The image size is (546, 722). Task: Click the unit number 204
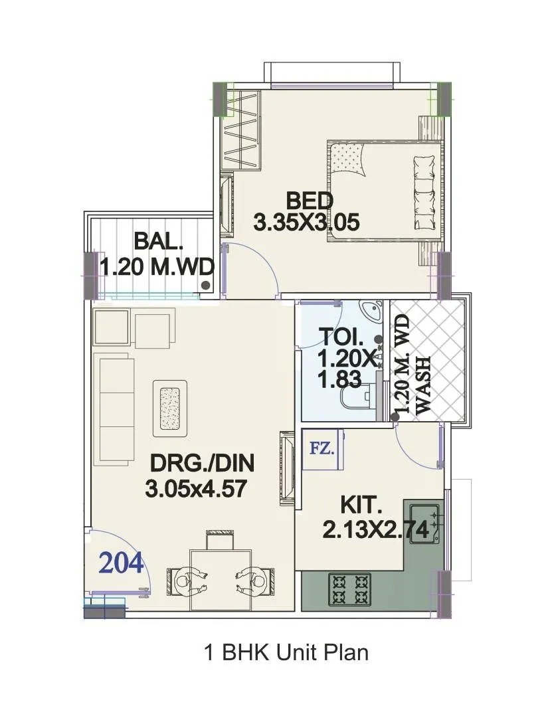[x=121, y=563]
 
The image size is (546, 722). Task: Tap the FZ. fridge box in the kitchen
[x=321, y=448]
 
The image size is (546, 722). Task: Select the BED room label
[x=309, y=200]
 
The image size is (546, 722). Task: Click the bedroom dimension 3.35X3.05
[x=307, y=223]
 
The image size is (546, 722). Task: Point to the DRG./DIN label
[x=202, y=462]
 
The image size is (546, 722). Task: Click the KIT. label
[x=361, y=505]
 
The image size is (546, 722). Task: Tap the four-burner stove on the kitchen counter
[x=350, y=588]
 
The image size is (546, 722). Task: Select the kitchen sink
[x=423, y=522]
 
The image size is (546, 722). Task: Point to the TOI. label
[x=339, y=335]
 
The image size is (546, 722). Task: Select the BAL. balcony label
[x=157, y=240]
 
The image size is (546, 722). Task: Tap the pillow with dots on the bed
[x=348, y=159]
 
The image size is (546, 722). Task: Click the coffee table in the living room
[x=170, y=408]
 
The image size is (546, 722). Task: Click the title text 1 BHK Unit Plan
[x=286, y=652]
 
